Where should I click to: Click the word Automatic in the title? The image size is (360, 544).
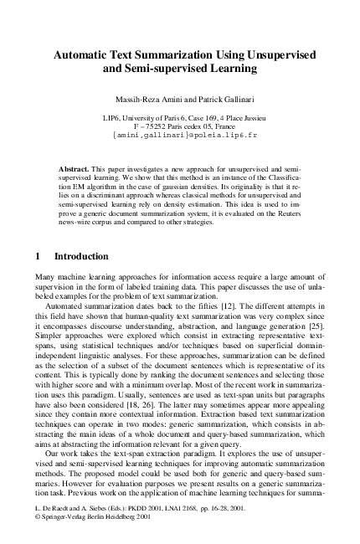(85, 54)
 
